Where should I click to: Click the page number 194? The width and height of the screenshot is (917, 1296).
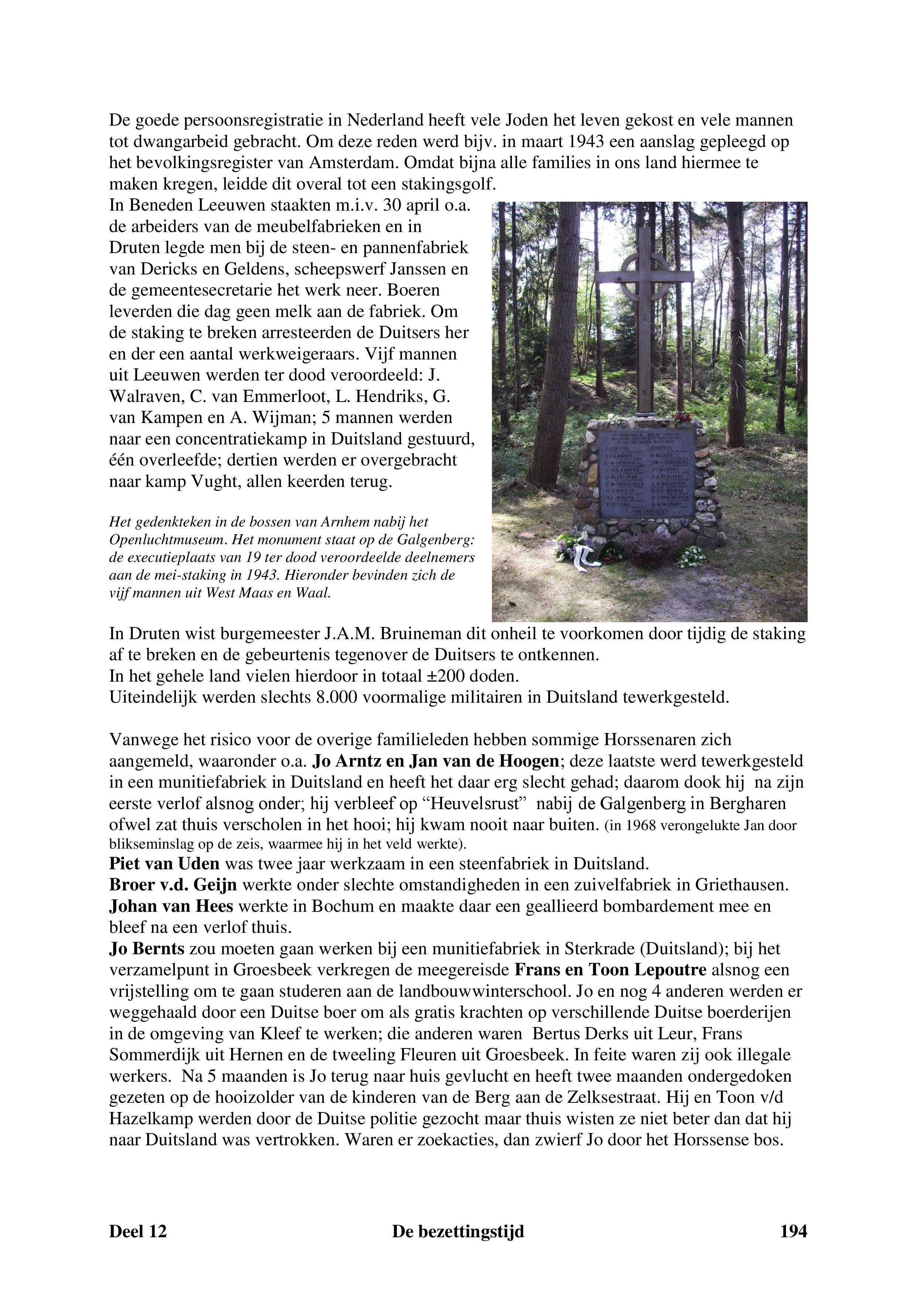(x=793, y=1231)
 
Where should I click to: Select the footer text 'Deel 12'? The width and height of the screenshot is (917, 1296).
(x=138, y=1231)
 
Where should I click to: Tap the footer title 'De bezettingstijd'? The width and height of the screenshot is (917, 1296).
(x=458, y=1231)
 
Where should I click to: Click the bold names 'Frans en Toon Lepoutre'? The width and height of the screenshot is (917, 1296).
(x=610, y=970)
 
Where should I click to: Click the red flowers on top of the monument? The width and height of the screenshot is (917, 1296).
(x=682, y=418)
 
